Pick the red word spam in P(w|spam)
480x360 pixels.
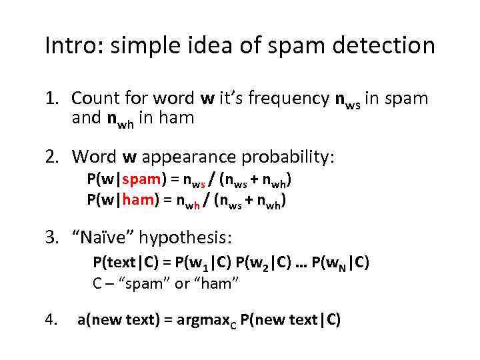coord(141,180)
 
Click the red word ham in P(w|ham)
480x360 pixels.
coord(139,199)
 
